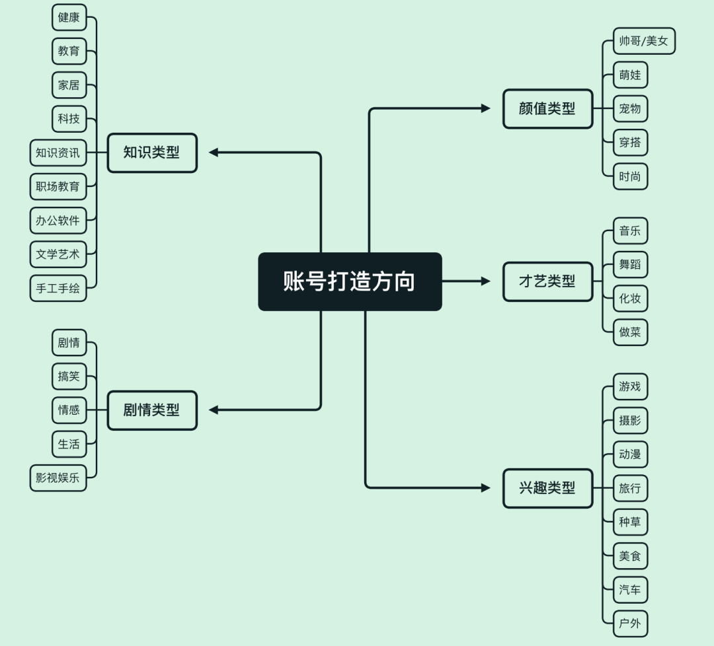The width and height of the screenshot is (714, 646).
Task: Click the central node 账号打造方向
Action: tap(350, 281)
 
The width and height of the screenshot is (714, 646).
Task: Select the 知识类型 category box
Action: tap(152, 153)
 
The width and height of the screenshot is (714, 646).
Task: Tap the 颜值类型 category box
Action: tap(548, 109)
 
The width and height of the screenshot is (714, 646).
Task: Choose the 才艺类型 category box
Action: tap(548, 281)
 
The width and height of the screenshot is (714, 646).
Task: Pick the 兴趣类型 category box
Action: tap(548, 488)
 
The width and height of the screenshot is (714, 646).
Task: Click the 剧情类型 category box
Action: tap(152, 410)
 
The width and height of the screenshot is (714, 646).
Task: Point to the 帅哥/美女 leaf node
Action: tap(644, 41)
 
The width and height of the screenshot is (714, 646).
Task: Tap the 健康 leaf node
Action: tap(69, 17)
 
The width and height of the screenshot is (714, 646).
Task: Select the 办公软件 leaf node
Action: tap(58, 221)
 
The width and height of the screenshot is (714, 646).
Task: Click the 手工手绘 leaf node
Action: tap(58, 289)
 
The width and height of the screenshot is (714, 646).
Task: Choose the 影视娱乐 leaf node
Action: tap(58, 478)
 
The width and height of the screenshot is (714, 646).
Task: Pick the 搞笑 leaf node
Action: tap(69, 377)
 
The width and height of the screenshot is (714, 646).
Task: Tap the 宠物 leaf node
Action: tap(630, 109)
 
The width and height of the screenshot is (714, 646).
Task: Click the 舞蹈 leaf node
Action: tap(630, 265)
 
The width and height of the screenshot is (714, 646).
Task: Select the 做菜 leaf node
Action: tap(630, 332)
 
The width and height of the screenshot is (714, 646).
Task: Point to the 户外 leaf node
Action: tap(630, 624)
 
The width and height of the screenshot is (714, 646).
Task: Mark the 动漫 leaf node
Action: tap(630, 454)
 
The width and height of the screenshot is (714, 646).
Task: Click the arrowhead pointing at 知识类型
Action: tap(213, 153)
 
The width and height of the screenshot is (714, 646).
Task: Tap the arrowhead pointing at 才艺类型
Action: tap(486, 281)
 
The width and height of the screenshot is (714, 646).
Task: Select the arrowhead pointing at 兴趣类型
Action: tap(486, 488)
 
